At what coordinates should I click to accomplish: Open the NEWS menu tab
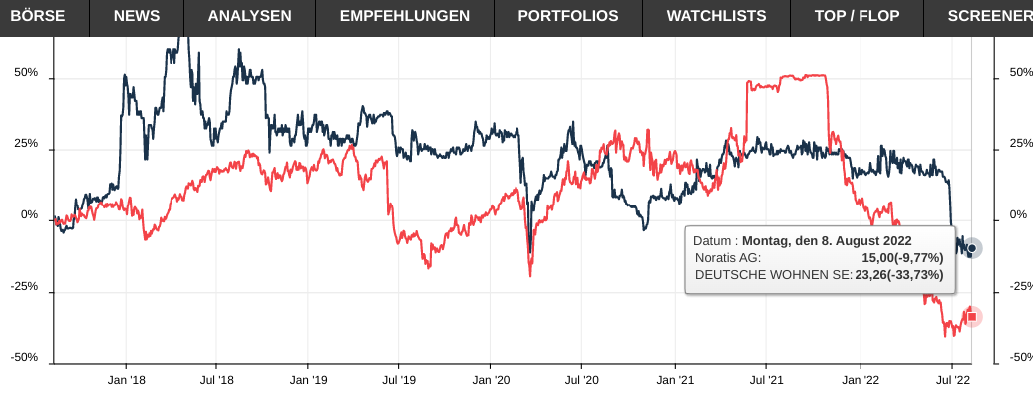[137, 16]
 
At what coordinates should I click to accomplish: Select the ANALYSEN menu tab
[249, 16]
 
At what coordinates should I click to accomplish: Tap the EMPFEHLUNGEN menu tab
[405, 16]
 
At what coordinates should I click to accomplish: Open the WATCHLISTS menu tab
[716, 16]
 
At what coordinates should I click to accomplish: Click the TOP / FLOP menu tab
[857, 16]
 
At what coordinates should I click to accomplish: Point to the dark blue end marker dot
[972, 248]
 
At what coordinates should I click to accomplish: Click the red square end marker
[972, 317]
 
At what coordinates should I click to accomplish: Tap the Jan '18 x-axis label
[126, 380]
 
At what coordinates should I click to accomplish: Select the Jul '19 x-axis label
[399, 380]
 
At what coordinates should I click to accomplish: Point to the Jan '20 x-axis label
[491, 380]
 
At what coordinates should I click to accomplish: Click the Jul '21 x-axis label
[765, 380]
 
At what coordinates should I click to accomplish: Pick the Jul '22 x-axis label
[953, 380]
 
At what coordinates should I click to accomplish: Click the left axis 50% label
[27, 73]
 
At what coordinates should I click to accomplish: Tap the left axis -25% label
[24, 287]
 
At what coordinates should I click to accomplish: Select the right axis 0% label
[1018, 215]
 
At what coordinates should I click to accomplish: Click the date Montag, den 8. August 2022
[827, 240]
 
